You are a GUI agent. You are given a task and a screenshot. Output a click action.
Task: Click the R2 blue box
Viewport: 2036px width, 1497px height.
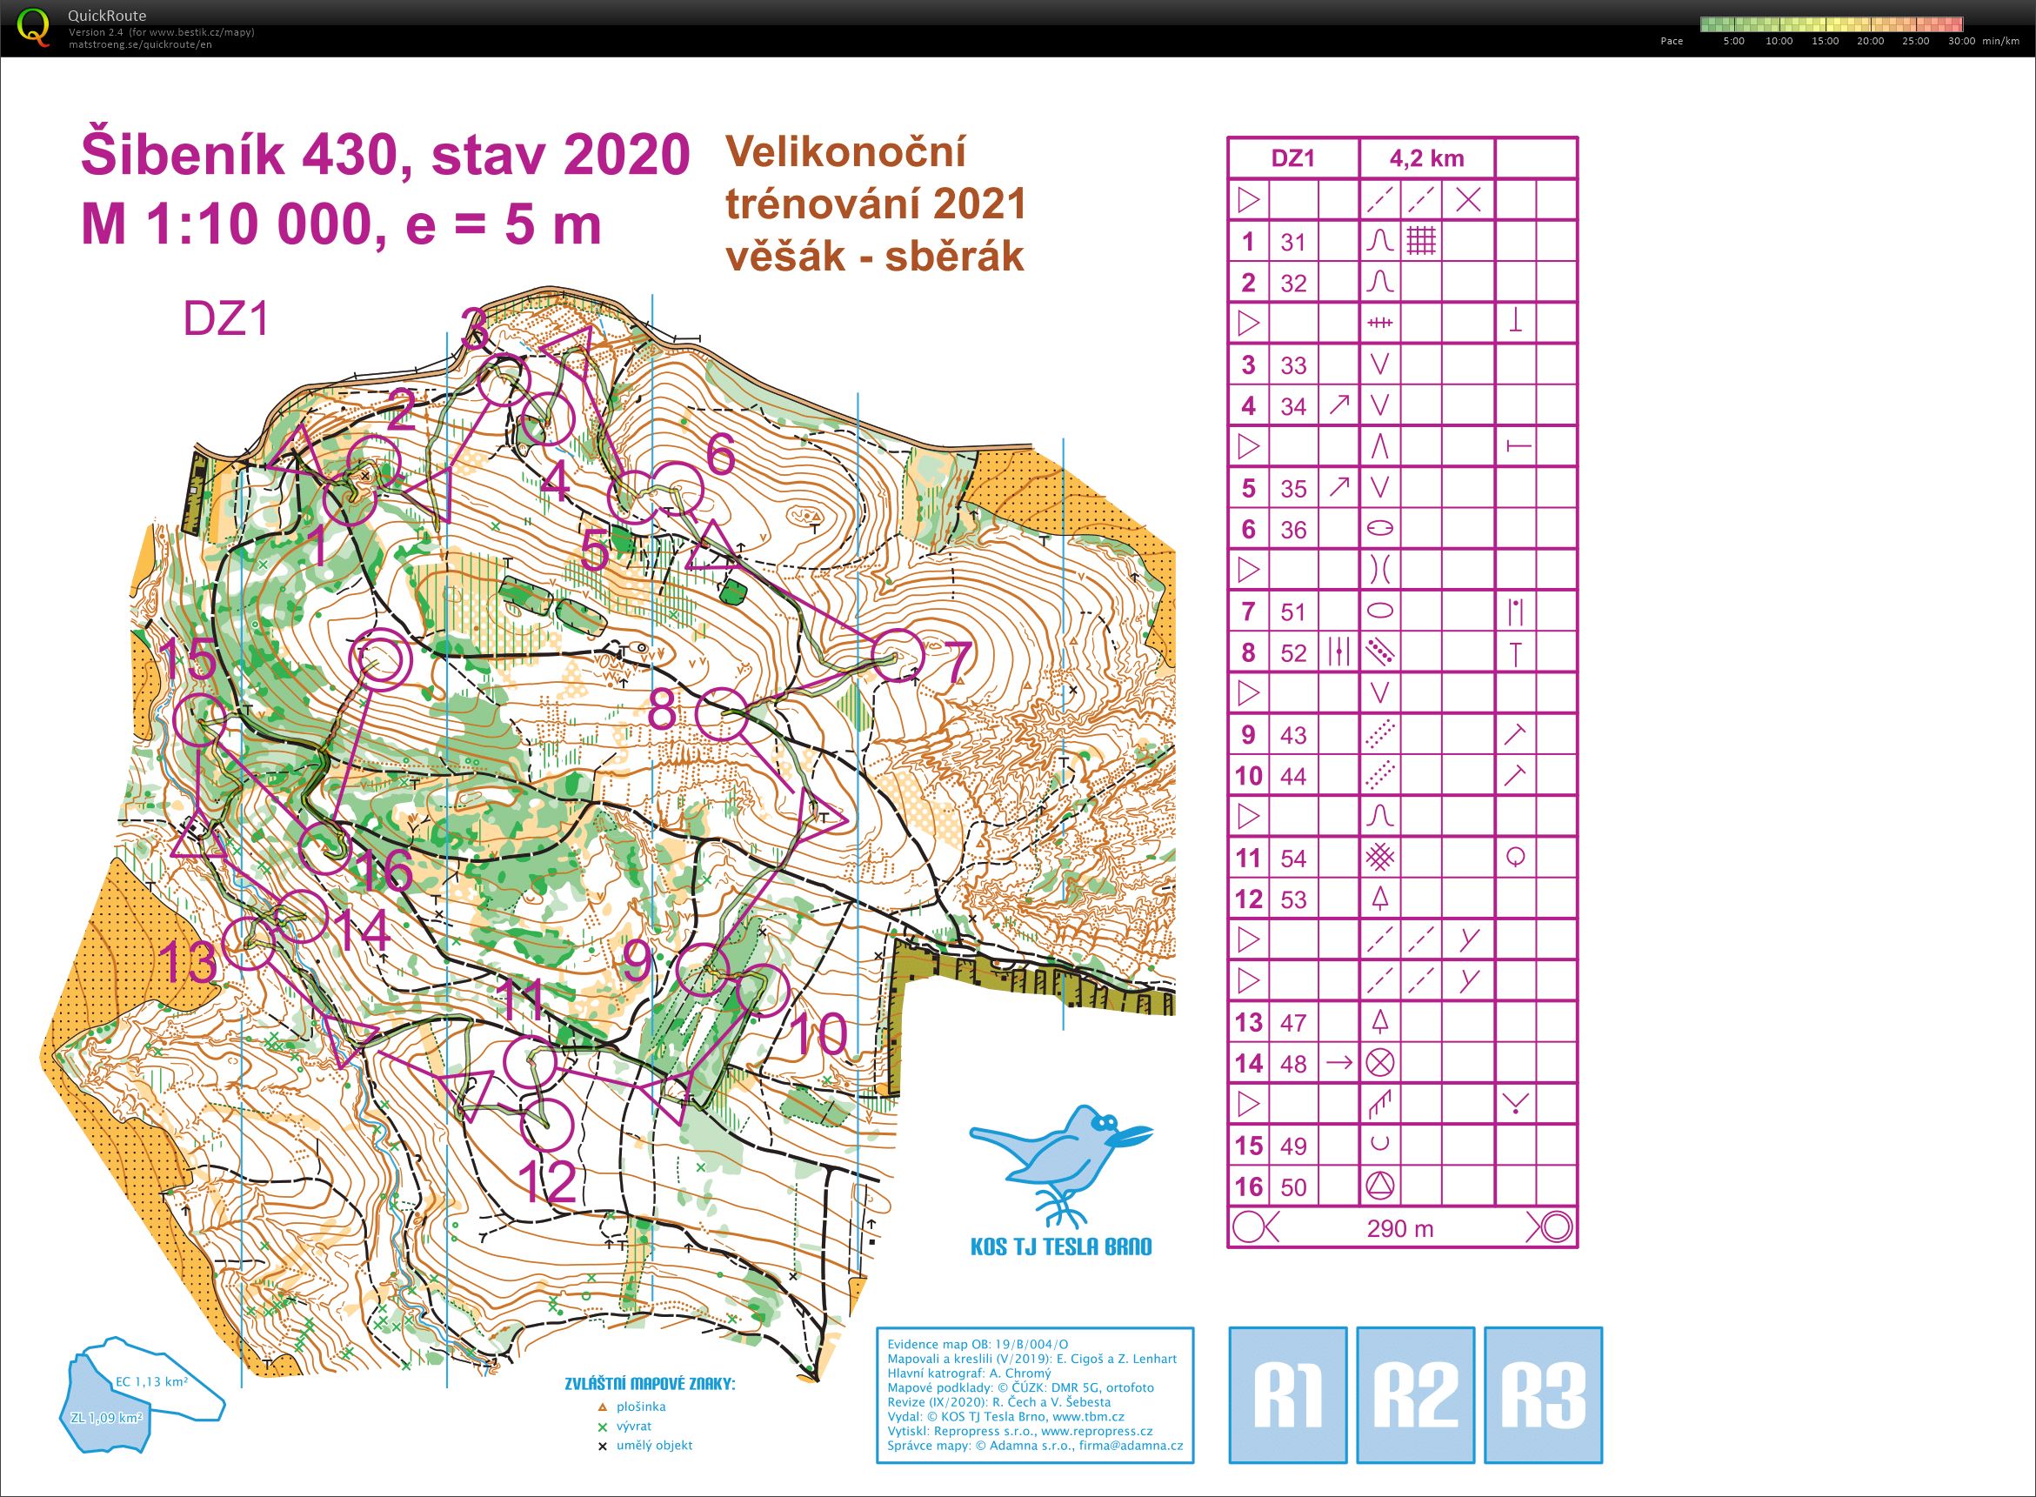coord(1415,1395)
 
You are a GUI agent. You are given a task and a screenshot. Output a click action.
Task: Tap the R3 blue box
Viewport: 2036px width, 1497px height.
coord(1543,1395)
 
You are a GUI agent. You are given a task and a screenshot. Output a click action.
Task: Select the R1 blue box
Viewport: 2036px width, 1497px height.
coord(1287,1395)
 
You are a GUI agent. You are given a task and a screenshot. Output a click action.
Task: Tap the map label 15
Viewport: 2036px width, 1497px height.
coord(189,659)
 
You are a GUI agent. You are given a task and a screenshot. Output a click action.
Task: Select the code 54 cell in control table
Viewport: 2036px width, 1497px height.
coord(1293,859)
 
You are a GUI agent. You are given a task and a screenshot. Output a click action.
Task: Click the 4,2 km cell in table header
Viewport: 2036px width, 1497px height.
coord(1426,158)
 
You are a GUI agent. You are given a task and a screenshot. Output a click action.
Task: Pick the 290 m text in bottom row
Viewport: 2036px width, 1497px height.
coord(1400,1229)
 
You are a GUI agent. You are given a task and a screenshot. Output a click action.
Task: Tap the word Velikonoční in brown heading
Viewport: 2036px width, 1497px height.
coord(844,151)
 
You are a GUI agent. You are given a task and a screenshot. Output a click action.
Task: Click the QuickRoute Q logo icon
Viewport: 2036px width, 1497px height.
coord(34,27)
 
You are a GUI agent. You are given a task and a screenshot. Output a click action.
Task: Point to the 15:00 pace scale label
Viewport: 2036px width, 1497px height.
coord(1824,41)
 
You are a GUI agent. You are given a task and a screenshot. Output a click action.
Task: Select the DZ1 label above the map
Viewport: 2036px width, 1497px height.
coord(226,319)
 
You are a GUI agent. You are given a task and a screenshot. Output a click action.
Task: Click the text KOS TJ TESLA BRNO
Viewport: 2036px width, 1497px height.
coord(1060,1246)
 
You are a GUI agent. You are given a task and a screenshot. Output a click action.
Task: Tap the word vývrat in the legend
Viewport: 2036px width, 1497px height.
coord(633,1426)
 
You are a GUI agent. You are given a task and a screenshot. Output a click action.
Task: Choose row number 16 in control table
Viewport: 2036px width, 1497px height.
coord(1248,1186)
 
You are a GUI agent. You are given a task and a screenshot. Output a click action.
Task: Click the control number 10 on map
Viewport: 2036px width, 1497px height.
coord(819,1034)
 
